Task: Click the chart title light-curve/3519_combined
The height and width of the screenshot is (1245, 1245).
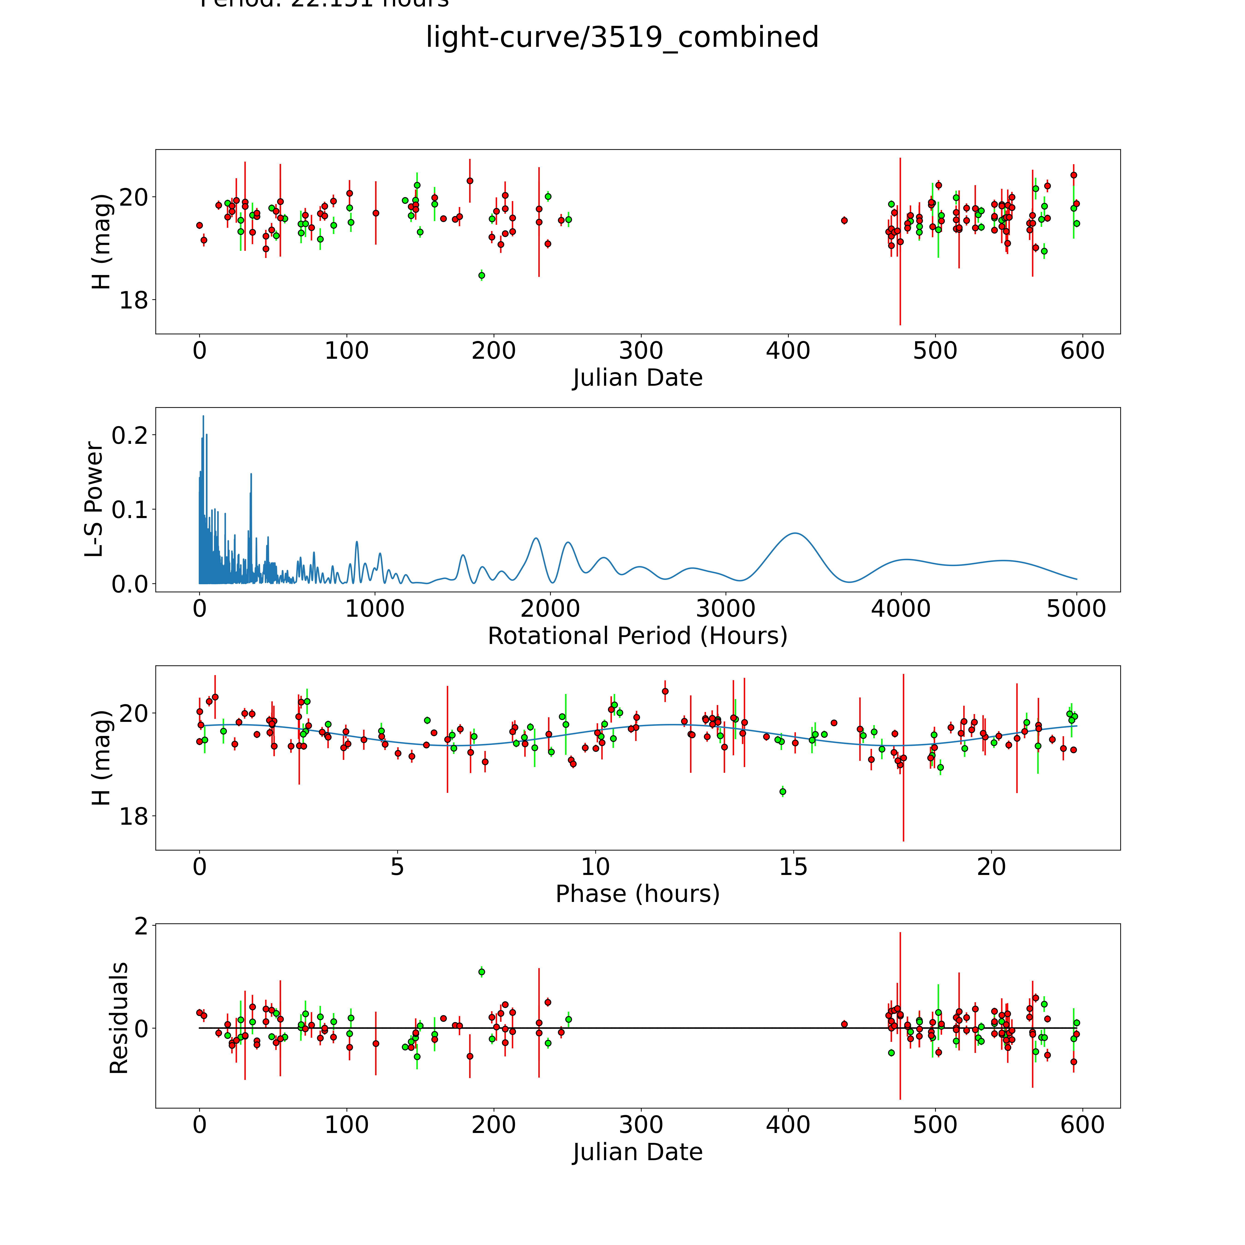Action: pos(622,37)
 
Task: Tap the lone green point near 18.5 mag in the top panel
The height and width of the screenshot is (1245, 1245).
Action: pos(481,275)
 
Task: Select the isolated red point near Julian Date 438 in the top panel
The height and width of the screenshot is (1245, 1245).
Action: pos(844,220)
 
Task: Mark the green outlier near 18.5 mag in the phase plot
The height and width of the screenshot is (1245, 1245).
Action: pos(782,791)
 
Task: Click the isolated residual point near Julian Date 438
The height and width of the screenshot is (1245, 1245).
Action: pos(844,1024)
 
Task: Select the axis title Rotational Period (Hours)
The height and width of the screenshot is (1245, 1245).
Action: pos(637,636)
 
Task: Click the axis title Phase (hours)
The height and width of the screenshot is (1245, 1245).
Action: pos(637,894)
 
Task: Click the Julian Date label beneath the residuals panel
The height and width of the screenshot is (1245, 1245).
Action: pos(637,1152)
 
